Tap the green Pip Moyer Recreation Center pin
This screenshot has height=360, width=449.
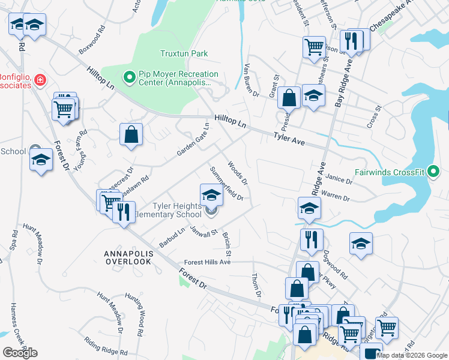click(x=128, y=77)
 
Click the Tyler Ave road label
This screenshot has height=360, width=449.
click(x=289, y=140)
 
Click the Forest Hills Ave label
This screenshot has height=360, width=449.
click(x=208, y=262)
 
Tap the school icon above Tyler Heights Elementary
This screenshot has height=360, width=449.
click(x=211, y=195)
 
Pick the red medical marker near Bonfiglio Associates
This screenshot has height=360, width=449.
click(x=40, y=79)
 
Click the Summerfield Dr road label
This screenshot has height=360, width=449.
click(x=226, y=183)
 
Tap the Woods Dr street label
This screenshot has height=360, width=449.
click(x=238, y=171)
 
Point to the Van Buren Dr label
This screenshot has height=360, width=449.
click(x=252, y=80)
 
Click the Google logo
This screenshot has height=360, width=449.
click(x=20, y=352)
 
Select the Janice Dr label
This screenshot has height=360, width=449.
click(x=340, y=180)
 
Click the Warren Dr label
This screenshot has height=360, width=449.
click(x=335, y=196)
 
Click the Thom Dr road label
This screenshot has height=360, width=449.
click(x=256, y=284)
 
